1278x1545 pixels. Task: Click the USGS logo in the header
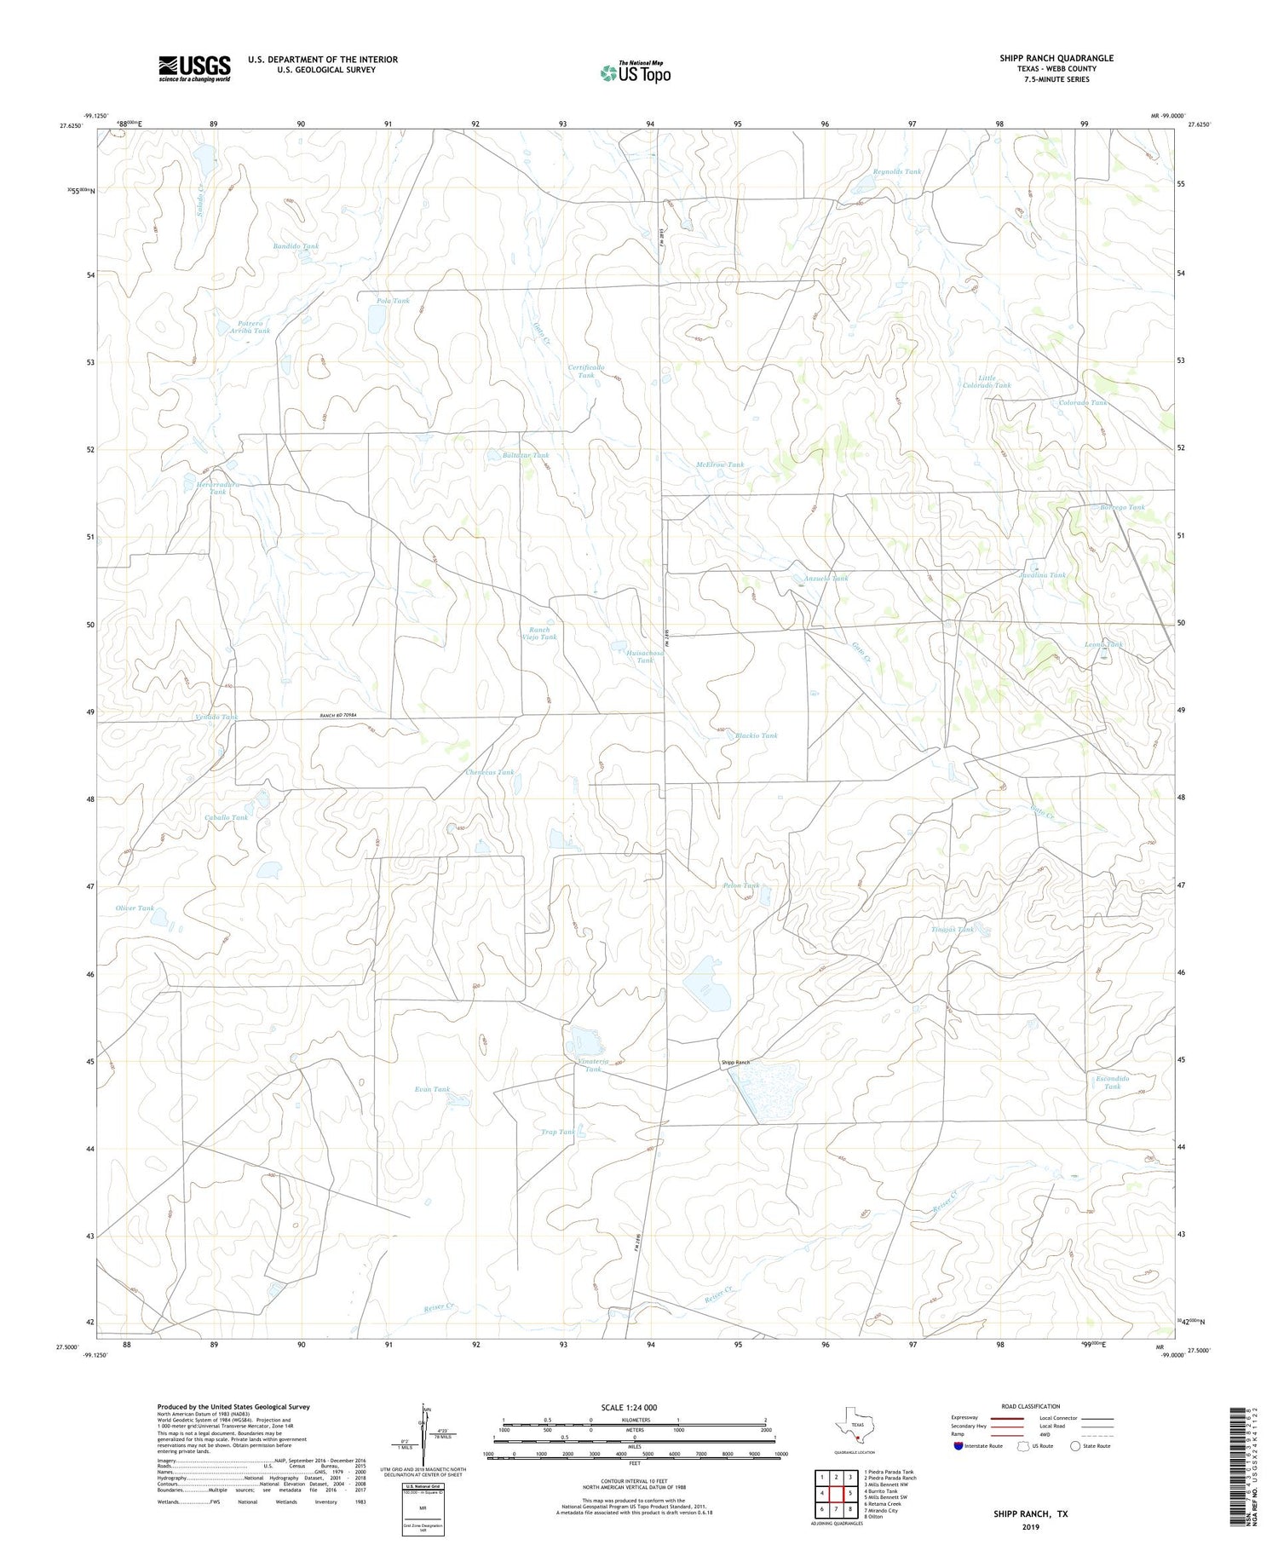(x=194, y=68)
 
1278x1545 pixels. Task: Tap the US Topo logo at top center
(x=635, y=73)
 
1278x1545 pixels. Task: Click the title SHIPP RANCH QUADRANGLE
(x=1056, y=58)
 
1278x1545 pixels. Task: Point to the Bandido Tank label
(x=295, y=246)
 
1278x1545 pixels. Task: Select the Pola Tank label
(x=393, y=301)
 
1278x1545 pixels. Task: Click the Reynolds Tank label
(x=896, y=172)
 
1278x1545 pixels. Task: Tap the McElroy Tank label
(x=719, y=465)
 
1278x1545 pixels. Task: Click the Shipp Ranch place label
(x=735, y=1063)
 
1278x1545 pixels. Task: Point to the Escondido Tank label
(x=1112, y=1082)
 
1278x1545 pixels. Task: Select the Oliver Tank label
(x=135, y=908)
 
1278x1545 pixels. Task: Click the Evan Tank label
(x=431, y=1089)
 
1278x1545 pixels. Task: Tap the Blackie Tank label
(x=756, y=735)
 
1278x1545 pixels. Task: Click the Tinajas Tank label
(x=952, y=930)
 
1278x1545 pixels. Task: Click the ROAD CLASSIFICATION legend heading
(x=1031, y=1406)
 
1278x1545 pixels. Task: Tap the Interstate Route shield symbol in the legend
(x=958, y=1445)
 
